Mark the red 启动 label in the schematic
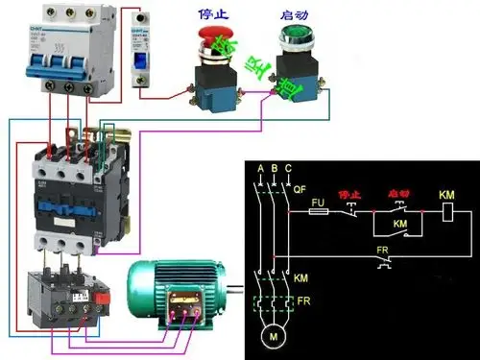click(x=396, y=194)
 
